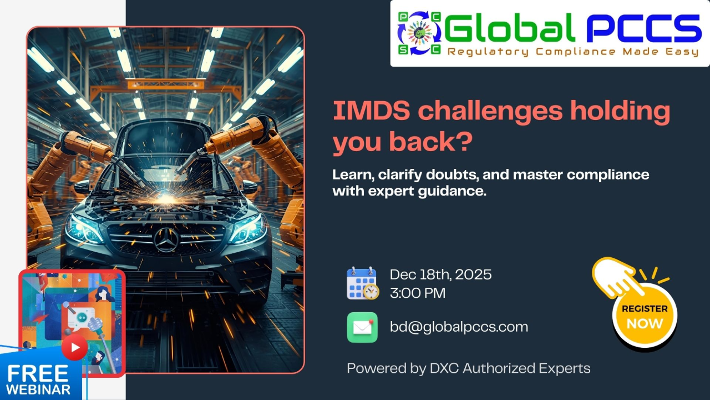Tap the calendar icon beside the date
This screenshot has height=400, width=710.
tap(362, 283)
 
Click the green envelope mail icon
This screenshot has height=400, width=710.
tap(362, 327)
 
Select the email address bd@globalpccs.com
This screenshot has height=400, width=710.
tap(459, 327)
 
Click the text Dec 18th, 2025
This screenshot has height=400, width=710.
tap(440, 274)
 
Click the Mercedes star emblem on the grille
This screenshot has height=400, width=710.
tap(166, 239)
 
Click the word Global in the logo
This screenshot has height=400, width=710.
tap(509, 29)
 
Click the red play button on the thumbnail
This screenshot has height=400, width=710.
tap(74, 348)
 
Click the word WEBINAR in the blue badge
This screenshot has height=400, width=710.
tap(38, 389)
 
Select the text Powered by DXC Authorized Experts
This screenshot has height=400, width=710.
tap(468, 368)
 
